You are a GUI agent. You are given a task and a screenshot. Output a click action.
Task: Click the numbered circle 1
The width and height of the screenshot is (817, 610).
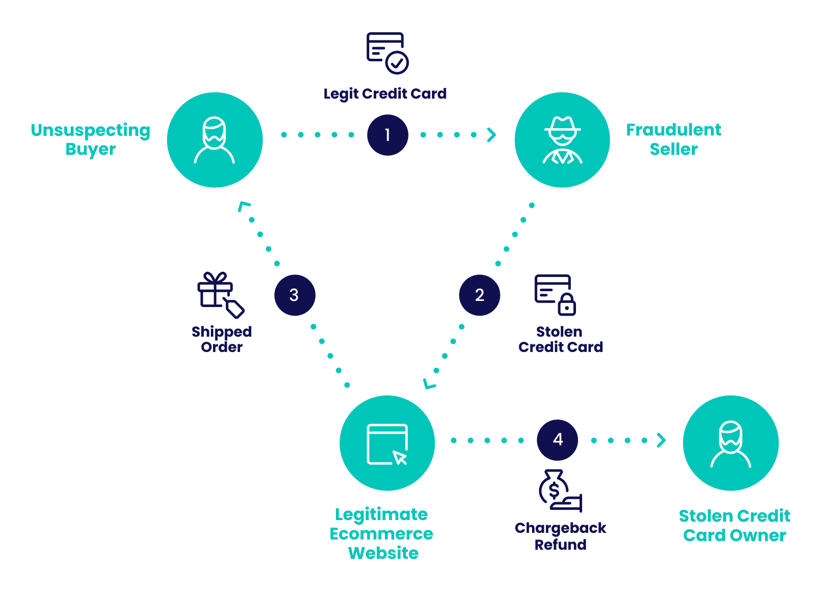pos(388,135)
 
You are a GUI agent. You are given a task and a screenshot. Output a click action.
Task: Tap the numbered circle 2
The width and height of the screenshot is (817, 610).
pos(479,295)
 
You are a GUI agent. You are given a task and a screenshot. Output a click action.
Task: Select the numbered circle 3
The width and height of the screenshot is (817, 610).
pos(295,295)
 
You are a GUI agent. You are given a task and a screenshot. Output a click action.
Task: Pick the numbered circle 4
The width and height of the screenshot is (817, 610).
pos(558,440)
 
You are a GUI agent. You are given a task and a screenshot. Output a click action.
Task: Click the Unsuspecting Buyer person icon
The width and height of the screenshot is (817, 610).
pos(214,140)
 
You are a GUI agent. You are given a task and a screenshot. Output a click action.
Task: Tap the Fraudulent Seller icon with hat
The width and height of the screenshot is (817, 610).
pos(562,140)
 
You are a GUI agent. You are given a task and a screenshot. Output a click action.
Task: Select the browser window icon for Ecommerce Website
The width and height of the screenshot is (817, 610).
pos(387,443)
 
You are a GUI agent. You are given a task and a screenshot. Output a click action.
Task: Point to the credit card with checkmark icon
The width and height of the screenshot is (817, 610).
pos(387,53)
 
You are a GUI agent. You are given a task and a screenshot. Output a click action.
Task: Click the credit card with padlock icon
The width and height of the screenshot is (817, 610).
pos(555,295)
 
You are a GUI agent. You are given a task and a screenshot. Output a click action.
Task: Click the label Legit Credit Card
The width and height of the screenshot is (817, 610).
pos(385,94)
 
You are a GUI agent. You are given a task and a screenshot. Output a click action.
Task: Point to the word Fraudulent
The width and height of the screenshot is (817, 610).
pos(674,130)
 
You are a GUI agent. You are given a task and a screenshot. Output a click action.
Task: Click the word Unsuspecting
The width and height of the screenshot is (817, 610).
pos(90,130)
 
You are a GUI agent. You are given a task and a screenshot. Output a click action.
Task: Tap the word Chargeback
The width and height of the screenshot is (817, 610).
pos(560,528)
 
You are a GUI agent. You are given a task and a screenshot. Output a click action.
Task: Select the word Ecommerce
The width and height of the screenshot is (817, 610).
pos(381,534)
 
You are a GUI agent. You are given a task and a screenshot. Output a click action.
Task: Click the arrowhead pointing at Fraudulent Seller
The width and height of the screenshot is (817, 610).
pos(492,135)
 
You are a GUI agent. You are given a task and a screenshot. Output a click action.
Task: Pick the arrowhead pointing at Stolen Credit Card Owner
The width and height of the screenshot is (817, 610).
pos(662,440)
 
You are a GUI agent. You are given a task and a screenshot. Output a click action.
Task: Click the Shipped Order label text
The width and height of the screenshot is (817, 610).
pos(222,339)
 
